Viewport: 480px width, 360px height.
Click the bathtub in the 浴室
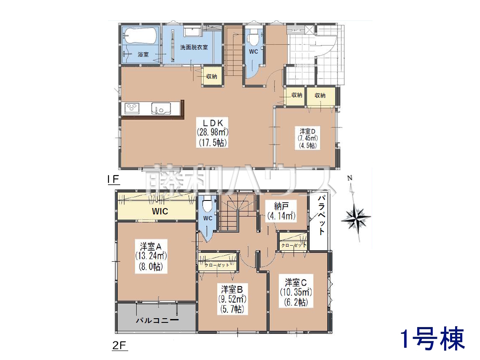tap(140, 36)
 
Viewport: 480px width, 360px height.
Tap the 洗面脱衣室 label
tap(194, 47)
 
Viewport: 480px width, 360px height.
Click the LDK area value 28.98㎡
tap(213, 132)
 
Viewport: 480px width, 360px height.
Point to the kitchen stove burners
tap(132, 108)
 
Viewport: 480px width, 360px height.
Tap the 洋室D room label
tap(307, 131)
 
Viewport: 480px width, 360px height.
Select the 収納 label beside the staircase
tap(212, 76)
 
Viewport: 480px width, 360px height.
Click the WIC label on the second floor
tap(160, 211)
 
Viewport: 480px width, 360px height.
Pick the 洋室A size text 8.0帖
tap(151, 267)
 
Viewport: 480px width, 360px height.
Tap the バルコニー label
tap(157, 320)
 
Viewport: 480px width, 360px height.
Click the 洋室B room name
tap(232, 289)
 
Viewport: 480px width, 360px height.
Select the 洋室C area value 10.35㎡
tap(296, 292)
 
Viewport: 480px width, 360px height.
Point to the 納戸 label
tap(281, 206)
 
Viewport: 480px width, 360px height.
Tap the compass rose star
tap(356, 218)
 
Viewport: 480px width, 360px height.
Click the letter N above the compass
tap(350, 178)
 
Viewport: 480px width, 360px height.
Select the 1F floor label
tap(113, 179)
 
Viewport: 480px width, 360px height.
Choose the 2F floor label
tap(119, 346)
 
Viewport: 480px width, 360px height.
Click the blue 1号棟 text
tap(433, 339)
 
